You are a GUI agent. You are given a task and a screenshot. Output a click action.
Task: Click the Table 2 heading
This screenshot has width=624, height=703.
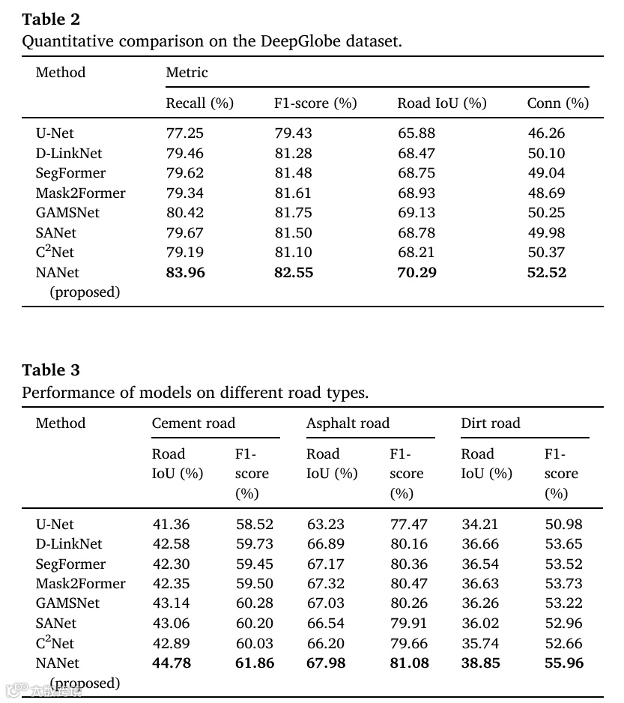click(51, 19)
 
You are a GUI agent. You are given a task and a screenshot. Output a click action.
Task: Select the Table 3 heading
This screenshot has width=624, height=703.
click(51, 369)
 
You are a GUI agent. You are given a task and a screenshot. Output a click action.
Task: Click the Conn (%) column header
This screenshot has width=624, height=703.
click(557, 103)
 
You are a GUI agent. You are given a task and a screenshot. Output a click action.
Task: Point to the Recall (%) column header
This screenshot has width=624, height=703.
click(199, 103)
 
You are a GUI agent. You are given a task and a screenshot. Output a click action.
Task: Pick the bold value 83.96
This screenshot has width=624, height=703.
click(185, 272)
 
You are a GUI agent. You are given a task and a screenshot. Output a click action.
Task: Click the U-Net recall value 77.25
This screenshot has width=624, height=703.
click(184, 133)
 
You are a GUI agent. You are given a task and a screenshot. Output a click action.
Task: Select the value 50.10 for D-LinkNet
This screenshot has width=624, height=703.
click(546, 153)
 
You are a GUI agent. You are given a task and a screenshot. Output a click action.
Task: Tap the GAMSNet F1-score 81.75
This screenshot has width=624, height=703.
click(293, 213)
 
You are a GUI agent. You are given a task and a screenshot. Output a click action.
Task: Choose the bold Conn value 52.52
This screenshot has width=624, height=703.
click(547, 272)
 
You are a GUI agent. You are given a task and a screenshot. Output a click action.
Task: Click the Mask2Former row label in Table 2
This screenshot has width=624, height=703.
click(81, 193)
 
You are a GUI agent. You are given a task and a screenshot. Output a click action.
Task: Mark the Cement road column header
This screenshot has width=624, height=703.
click(193, 423)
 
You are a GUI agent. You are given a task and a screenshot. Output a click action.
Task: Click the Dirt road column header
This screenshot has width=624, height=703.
click(490, 423)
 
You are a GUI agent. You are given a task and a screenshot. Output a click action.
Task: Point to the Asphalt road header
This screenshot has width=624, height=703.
click(348, 423)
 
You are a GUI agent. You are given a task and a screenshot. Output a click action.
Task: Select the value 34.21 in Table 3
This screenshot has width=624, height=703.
click(479, 525)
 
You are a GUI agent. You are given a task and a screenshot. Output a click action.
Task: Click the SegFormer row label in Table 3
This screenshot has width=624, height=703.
click(70, 564)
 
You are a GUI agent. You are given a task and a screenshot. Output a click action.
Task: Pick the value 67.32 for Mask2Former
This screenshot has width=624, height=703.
click(325, 584)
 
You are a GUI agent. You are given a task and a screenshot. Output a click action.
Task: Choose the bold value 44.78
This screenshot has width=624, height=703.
click(171, 663)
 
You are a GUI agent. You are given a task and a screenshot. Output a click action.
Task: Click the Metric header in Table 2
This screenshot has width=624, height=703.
click(187, 73)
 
